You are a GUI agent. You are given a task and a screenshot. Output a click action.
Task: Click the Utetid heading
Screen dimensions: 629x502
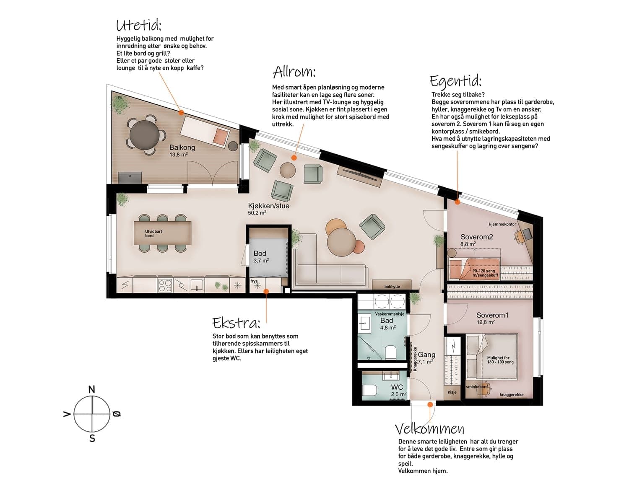tap(139, 26)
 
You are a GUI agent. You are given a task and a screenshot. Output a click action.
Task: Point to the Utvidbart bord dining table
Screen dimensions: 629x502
tap(163, 233)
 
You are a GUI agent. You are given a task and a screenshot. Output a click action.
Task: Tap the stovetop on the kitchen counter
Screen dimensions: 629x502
tap(165, 285)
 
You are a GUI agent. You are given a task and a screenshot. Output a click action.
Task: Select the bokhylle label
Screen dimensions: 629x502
tap(392, 287)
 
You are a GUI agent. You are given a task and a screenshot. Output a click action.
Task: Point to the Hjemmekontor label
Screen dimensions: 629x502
tap(502, 224)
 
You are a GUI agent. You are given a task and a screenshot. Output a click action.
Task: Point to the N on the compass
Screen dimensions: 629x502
tap(92, 389)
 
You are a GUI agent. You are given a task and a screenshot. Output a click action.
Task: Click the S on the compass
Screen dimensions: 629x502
tap(92, 438)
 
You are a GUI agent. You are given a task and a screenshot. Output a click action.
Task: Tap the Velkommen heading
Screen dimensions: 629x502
tap(430, 429)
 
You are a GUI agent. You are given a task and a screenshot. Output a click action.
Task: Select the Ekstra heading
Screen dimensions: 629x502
tap(236, 323)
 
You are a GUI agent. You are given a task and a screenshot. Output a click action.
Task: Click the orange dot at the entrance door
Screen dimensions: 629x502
tap(430, 404)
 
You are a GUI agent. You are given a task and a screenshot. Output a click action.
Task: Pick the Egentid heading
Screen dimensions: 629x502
tap(455, 81)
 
